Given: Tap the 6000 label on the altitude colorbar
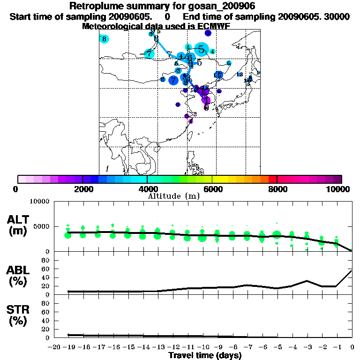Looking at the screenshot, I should [212, 189].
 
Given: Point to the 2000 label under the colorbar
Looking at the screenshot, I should [82, 189].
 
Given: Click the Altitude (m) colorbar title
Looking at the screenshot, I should [174, 196].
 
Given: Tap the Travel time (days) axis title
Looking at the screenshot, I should [205, 356].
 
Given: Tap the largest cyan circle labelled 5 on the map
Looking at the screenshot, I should [202, 49].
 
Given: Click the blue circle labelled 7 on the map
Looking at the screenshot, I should [173, 80].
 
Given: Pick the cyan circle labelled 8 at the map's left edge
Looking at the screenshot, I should [104, 39].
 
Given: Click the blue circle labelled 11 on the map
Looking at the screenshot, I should [217, 75].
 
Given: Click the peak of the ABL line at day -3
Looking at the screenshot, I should [307, 281].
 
